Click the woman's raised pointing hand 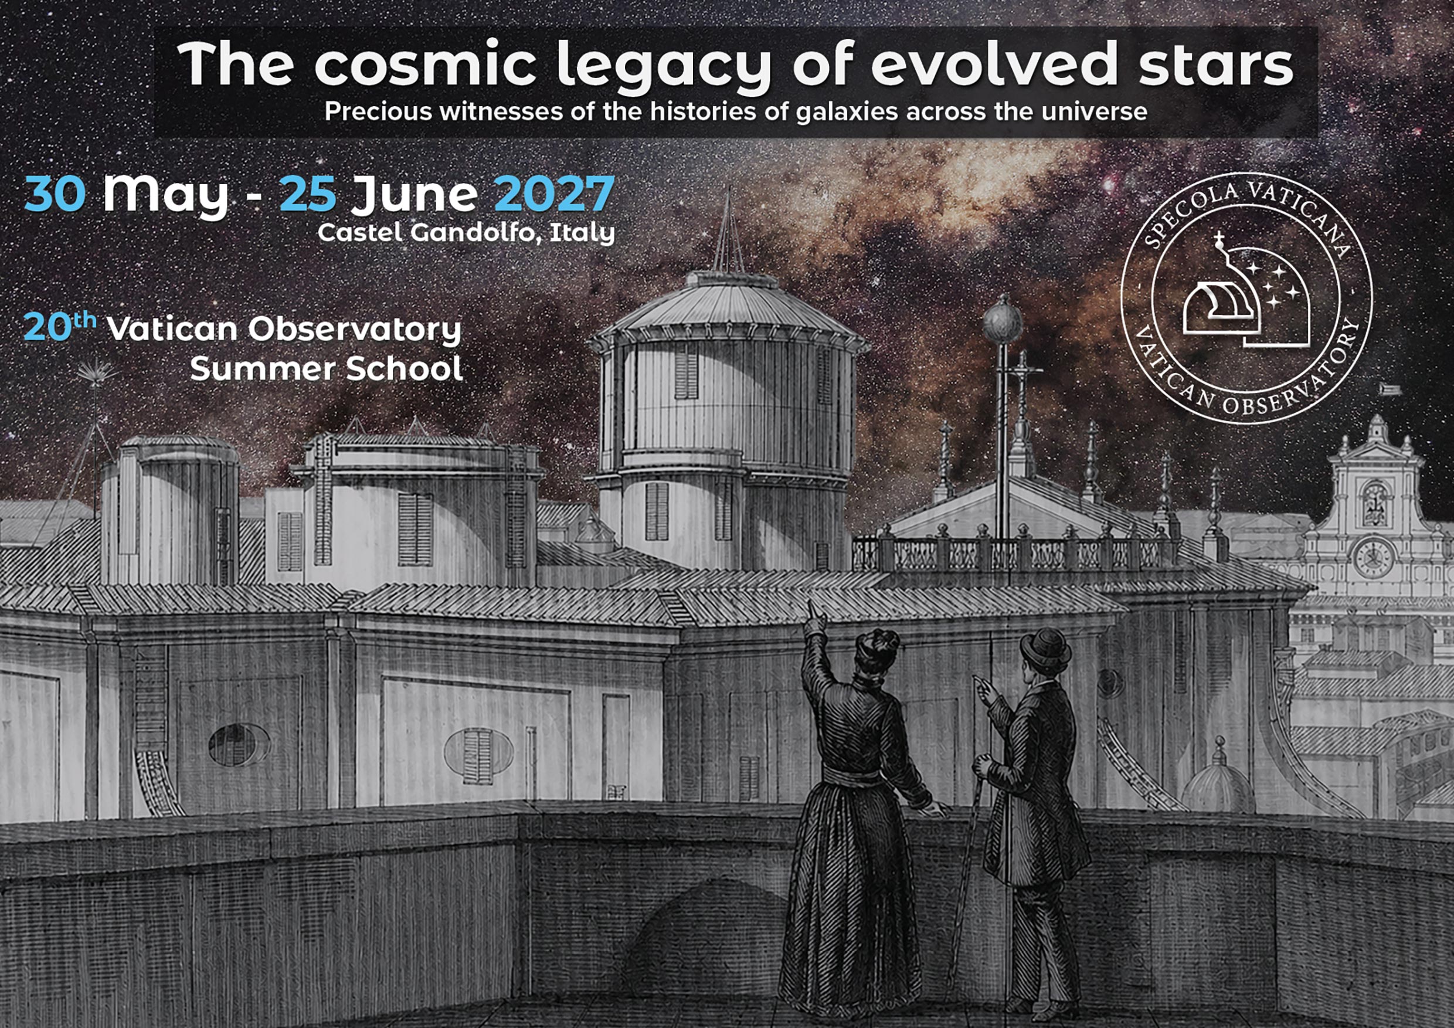[x=815, y=617]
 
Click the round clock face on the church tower [x=1374, y=557]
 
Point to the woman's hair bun [x=877, y=642]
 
